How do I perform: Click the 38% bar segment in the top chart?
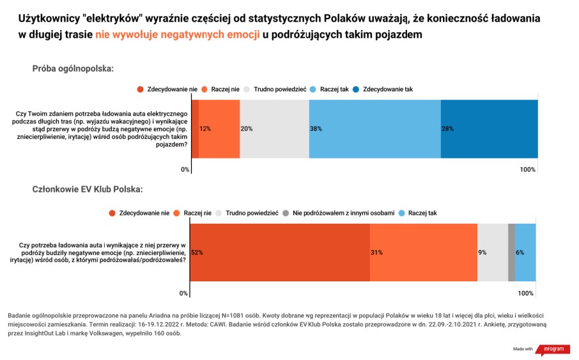[x=374, y=129]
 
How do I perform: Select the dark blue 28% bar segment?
[x=490, y=129]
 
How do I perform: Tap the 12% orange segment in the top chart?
[x=219, y=129]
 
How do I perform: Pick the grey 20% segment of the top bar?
[x=275, y=129]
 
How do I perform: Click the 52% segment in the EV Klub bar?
[x=280, y=253]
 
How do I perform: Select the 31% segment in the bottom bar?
[x=424, y=253]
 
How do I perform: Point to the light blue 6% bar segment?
[x=525, y=253]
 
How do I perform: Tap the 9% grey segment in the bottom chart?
[x=493, y=253]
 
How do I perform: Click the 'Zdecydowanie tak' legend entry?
[x=383, y=90]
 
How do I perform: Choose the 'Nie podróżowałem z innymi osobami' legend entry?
[x=339, y=214]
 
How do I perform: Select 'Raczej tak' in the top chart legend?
[x=329, y=90]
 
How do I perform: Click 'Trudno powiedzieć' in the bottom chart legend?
[x=247, y=214]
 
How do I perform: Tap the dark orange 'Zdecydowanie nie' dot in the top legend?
[x=140, y=90]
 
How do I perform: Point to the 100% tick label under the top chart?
[x=527, y=169]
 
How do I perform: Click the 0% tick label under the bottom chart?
[x=183, y=293]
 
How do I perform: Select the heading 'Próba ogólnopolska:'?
[x=73, y=69]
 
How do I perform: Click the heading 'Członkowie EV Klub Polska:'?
[x=88, y=190]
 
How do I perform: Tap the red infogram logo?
[x=553, y=349]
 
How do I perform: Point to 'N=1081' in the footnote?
[x=232, y=316]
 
